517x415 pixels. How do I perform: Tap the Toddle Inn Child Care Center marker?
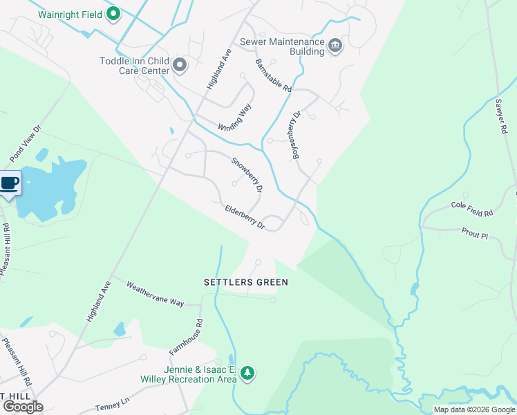click(x=180, y=65)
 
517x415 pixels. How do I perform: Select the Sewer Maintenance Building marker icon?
click(x=335, y=46)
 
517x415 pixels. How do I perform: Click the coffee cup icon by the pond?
click(x=9, y=184)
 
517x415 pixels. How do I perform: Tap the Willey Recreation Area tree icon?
click(x=247, y=374)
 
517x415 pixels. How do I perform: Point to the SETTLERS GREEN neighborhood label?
click(x=245, y=282)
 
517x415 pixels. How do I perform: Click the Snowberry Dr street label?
click(x=247, y=175)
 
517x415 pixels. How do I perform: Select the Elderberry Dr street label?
click(x=245, y=216)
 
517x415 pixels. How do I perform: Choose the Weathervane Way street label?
click(x=155, y=293)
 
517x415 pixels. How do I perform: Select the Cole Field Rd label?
click(x=471, y=208)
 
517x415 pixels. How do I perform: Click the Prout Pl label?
click(x=474, y=234)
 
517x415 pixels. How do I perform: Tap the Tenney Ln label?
click(x=113, y=403)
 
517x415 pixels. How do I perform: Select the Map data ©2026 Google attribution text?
click(x=474, y=409)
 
